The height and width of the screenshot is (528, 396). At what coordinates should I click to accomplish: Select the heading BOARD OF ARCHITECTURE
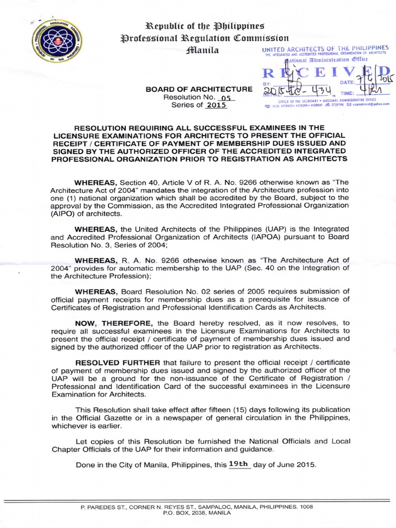199,89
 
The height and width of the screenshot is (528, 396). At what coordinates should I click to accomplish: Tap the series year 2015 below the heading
216,105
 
